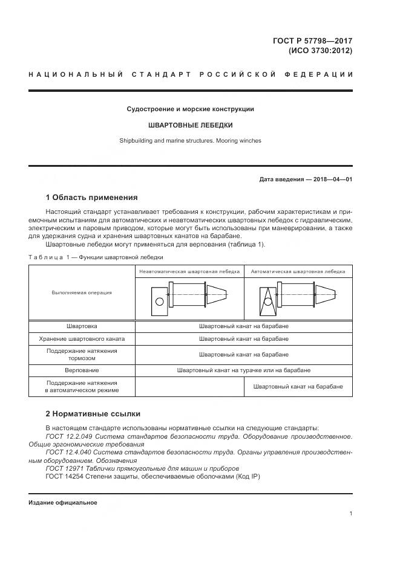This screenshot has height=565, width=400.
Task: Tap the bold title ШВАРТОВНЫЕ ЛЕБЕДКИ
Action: pyautogui.click(x=191, y=125)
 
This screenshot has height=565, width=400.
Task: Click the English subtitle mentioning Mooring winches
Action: pyautogui.click(x=191, y=141)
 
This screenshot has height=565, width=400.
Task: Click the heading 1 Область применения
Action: pyautogui.click(x=91, y=197)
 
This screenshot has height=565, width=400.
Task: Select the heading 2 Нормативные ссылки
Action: pyautogui.click(x=93, y=414)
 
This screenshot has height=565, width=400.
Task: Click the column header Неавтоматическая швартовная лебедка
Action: pyautogui.click(x=189, y=272)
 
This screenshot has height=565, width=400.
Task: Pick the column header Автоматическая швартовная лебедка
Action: pyautogui.click(x=298, y=272)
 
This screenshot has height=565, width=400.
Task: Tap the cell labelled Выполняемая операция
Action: pyautogui.click(x=82, y=292)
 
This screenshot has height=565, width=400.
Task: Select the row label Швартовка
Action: pyautogui.click(x=82, y=326)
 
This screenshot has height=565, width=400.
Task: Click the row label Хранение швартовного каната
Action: pyautogui.click(x=82, y=340)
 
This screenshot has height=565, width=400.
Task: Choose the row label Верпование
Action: pyautogui.click(x=82, y=370)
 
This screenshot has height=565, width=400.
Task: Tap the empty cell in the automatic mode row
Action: pyautogui.click(x=189, y=387)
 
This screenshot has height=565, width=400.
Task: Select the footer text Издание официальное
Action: pyautogui.click(x=63, y=502)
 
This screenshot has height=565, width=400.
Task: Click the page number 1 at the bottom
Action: pyautogui.click(x=350, y=514)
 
